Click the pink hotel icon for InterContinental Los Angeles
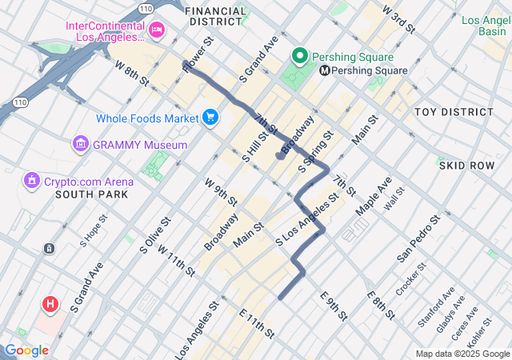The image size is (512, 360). click(157, 31)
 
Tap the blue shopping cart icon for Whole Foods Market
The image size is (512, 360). click(210, 118)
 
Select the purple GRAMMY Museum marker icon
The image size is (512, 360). click(80, 145)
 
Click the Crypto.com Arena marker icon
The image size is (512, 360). click(31, 182)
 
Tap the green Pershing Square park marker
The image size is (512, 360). click(300, 57)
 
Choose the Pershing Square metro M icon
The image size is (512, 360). click(325, 70)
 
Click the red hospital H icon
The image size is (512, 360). click(50, 304)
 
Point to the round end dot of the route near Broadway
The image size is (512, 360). click(280, 156)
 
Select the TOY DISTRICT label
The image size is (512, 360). click(453, 111)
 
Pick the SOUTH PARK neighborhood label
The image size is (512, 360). click(88, 194)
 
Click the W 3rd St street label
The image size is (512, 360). click(399, 20)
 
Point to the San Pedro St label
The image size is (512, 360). click(419, 238)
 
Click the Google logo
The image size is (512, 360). click(26, 350)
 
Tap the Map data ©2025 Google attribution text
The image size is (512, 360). click(462, 354)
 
